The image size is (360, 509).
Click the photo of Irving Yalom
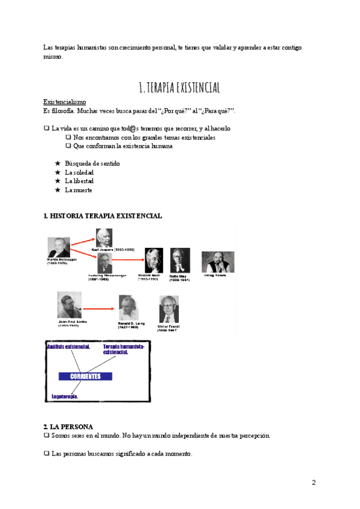217,263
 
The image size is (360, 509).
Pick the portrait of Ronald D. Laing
128,307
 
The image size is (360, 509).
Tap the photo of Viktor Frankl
169,310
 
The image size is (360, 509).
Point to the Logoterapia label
65,396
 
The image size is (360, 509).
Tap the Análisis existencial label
68,347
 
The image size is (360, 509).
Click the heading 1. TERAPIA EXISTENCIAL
179,88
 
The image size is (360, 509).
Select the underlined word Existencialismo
65,102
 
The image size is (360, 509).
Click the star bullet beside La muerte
57,190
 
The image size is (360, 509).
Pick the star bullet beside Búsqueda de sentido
57,163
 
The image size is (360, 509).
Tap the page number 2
314,483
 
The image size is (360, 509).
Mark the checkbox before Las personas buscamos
46,454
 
